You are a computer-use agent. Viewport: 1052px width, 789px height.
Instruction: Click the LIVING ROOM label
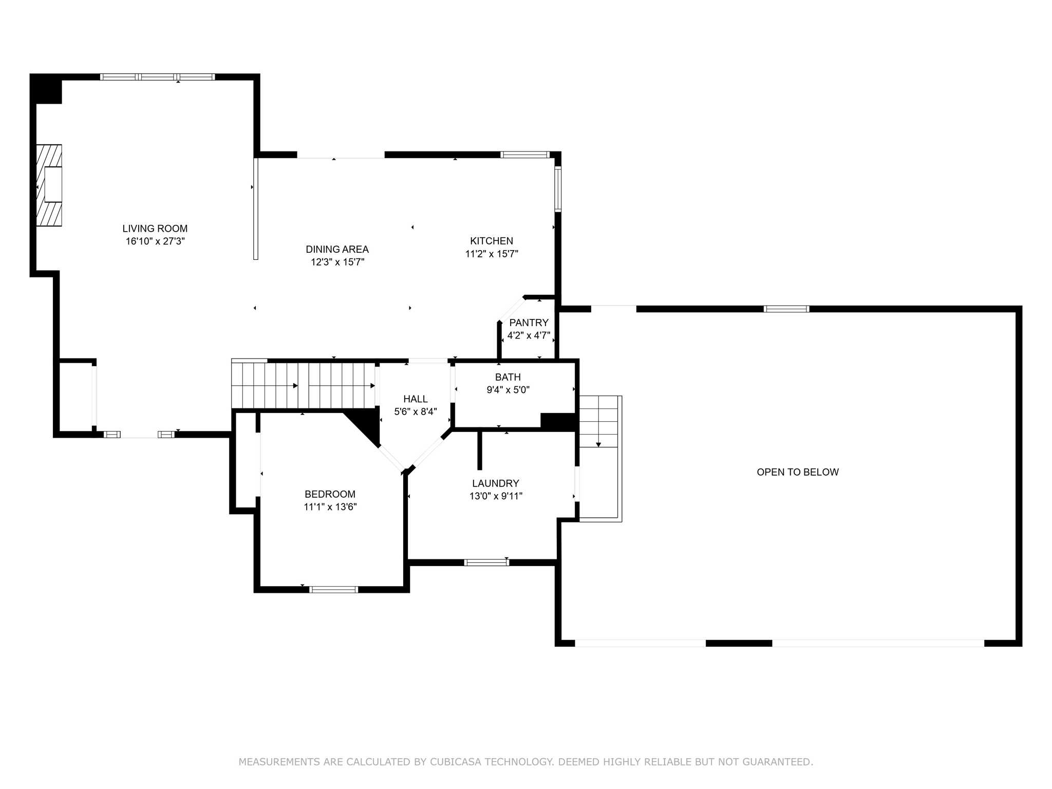coord(155,229)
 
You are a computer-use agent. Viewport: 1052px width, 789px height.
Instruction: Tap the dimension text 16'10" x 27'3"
coord(155,241)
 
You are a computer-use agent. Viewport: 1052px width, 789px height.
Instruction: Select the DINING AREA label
coord(337,249)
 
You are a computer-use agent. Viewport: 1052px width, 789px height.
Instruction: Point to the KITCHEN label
coord(492,241)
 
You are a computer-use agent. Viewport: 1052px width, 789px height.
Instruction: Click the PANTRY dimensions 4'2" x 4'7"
coord(529,336)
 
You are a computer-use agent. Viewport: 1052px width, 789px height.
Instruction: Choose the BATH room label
coord(508,377)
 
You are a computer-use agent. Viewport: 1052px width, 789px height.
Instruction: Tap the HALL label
coord(415,399)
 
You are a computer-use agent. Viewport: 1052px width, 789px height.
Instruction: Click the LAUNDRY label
coord(495,483)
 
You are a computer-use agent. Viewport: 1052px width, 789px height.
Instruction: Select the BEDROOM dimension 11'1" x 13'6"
coord(330,507)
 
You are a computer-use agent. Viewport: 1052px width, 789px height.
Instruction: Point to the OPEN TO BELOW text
coord(797,472)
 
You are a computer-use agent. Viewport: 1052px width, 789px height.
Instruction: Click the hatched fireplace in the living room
coord(49,185)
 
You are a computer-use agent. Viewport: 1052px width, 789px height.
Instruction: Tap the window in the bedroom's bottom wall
coord(334,589)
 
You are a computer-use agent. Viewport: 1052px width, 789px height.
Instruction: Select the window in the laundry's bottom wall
coord(486,562)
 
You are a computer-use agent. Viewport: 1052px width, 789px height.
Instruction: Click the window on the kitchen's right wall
coord(558,189)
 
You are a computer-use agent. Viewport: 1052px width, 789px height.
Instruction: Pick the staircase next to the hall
coord(303,385)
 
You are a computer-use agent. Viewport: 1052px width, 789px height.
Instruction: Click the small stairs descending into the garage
coord(598,421)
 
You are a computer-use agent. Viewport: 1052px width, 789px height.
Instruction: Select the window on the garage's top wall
coord(786,309)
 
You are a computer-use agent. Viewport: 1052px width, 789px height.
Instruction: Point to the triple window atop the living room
coord(157,77)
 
